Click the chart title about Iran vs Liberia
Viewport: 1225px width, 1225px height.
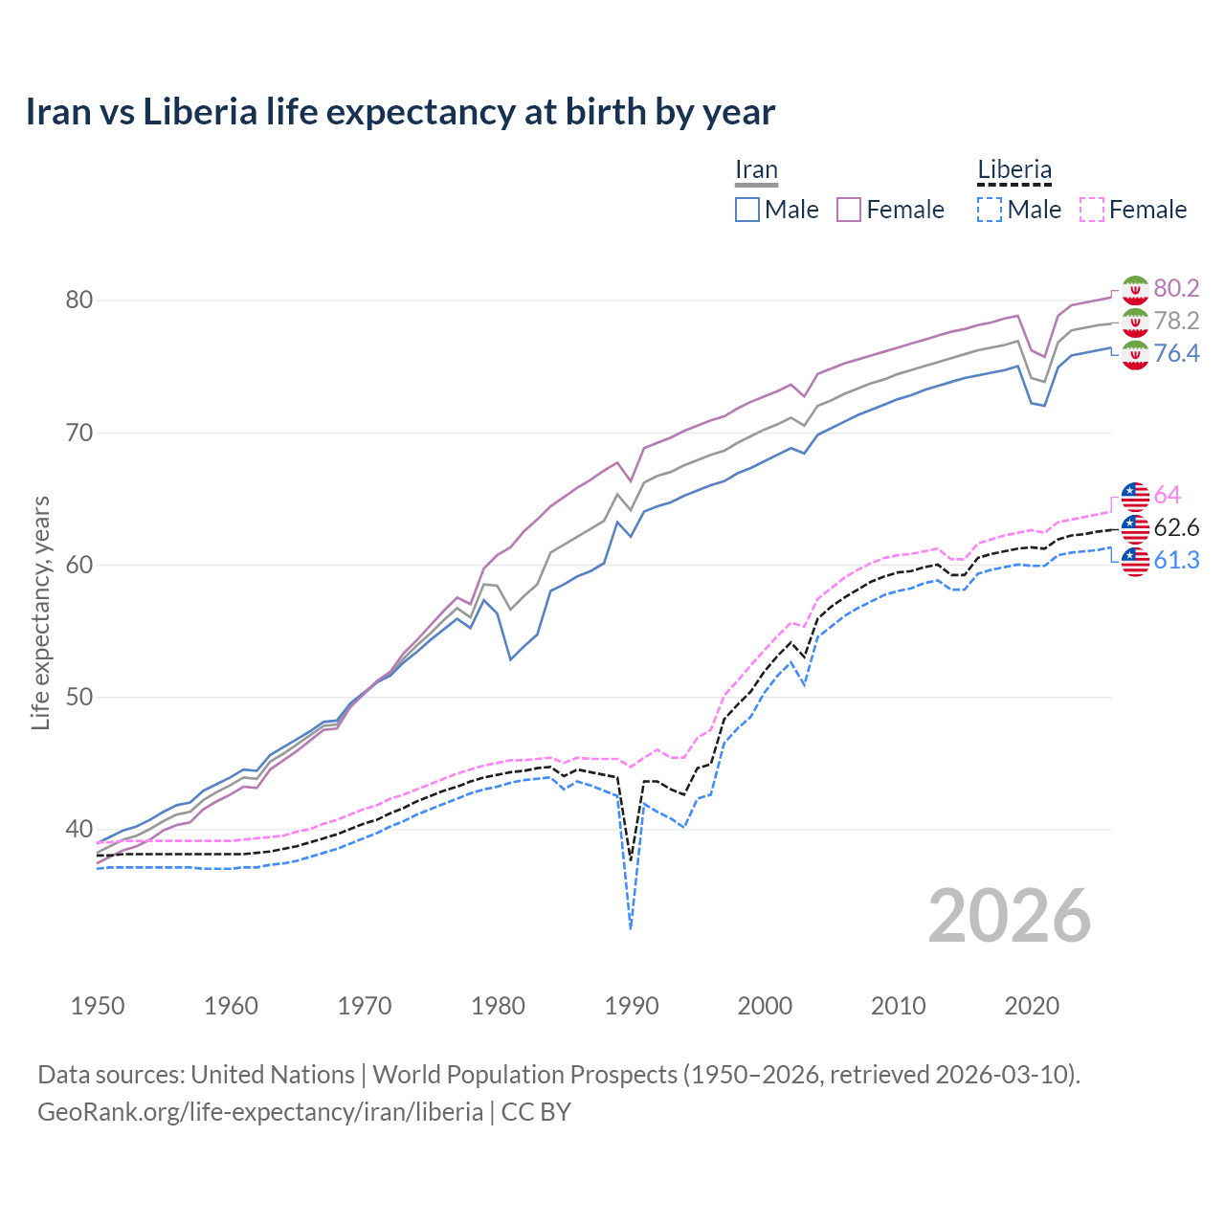(400, 112)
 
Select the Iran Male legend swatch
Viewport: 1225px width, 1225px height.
(747, 210)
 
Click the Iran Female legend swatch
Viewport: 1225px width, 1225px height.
(849, 210)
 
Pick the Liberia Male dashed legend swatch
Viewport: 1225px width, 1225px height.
(990, 210)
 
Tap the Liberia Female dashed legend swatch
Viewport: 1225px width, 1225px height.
(1092, 210)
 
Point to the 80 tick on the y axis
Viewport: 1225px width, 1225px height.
(78, 301)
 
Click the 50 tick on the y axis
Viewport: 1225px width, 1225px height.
(78, 697)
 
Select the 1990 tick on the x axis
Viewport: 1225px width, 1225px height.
(631, 1006)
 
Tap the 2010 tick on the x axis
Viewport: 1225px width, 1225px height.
(898, 1006)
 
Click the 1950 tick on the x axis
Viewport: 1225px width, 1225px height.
(98, 1006)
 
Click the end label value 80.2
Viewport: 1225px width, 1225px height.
(1176, 289)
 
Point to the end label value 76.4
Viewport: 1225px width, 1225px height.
(1176, 354)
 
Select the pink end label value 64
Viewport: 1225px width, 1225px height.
(1167, 496)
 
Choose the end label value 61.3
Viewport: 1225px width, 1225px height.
(1176, 561)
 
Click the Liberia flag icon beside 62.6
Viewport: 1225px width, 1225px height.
(1135, 528)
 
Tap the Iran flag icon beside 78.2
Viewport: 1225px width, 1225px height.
(1135, 322)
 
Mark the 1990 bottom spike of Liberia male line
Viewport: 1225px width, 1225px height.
(631, 927)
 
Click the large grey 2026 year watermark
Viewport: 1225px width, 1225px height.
(1010, 917)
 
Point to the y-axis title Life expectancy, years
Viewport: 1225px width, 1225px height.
(41, 612)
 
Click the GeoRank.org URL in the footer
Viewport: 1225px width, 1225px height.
(260, 1112)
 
